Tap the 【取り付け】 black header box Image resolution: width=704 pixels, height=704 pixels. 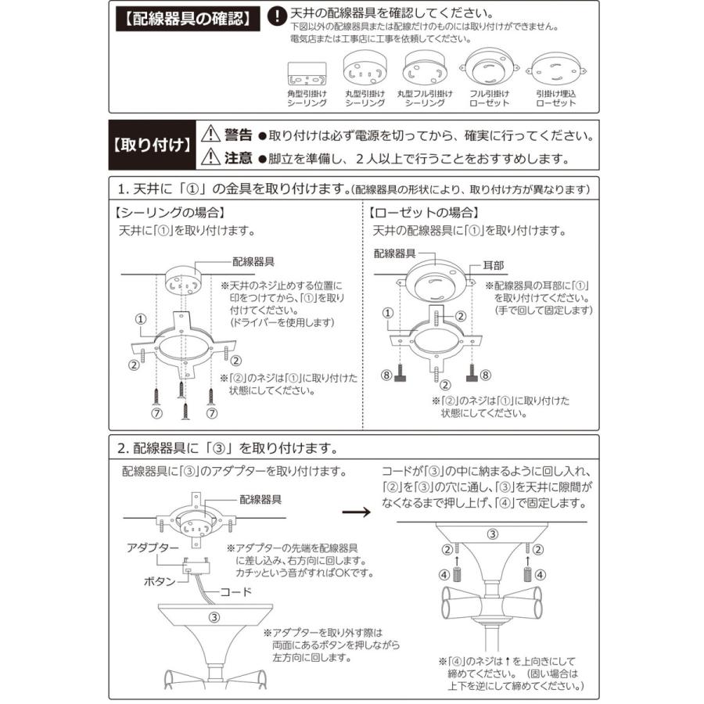point(151,145)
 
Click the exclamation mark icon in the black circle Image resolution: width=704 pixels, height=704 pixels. point(276,16)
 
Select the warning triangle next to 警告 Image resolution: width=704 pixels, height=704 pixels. point(211,134)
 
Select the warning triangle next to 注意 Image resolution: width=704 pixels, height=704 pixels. point(211,158)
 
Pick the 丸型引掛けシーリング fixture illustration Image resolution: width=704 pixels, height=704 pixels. point(365,69)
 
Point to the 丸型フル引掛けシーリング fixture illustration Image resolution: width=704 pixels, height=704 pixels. point(425,69)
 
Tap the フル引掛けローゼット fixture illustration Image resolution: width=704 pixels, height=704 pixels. point(489,69)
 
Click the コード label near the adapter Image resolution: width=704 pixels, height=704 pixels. point(235,591)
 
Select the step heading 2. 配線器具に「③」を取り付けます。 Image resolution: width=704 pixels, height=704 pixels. point(227,449)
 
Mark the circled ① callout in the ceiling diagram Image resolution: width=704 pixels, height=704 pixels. point(140,319)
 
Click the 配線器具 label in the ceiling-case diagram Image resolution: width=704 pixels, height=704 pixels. point(253,261)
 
